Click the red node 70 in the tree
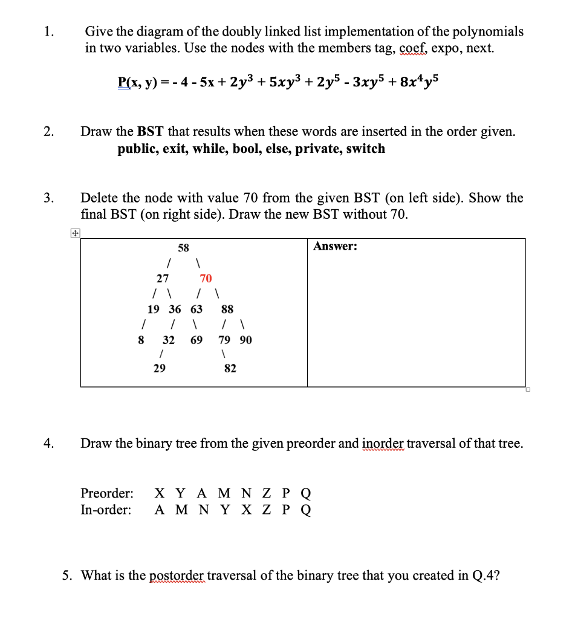pos(206,278)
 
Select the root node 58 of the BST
pos(183,248)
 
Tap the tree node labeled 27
pos(163,278)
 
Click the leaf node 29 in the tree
pos(159,368)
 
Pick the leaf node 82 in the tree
pos(230,368)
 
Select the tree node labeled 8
pos(141,340)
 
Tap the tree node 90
pos(245,340)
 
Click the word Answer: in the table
pos(335,246)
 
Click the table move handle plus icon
pos(74,233)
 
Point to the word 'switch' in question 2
pos(365,149)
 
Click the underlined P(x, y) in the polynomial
pos(137,81)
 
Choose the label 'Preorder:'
pos(107,493)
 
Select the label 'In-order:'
pos(106,510)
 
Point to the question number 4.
pos(48,444)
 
